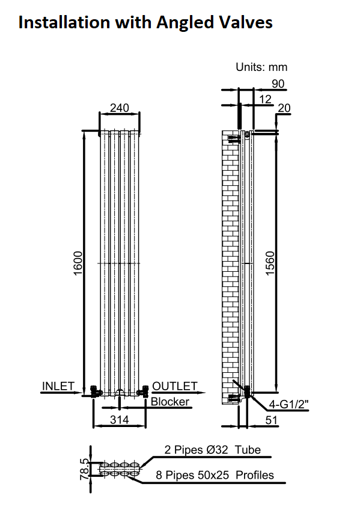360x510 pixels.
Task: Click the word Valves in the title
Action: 245,22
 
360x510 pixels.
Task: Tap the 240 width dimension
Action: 119,108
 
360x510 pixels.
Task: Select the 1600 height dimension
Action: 78,263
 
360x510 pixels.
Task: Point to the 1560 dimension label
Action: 270,263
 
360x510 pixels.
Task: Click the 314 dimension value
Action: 119,420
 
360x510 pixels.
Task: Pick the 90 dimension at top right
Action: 278,84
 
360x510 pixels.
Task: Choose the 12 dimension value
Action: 265,99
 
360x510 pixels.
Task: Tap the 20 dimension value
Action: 284,108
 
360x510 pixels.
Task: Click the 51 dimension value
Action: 271,420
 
